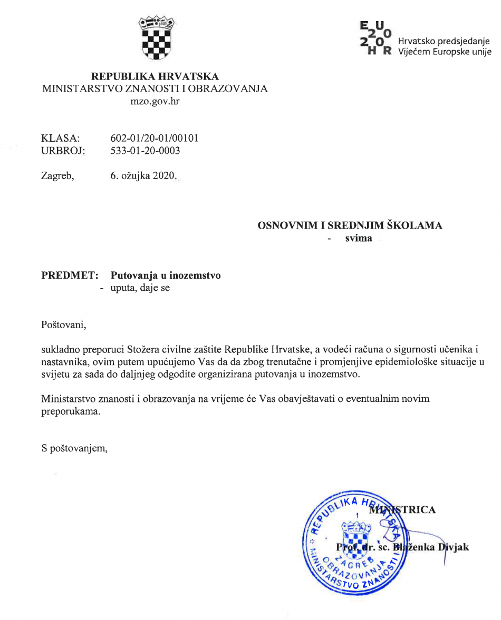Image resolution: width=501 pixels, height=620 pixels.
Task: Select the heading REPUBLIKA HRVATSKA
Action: point(155,76)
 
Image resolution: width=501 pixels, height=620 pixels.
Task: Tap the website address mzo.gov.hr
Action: point(155,101)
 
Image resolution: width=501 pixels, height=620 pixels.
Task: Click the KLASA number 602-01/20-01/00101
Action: point(154,138)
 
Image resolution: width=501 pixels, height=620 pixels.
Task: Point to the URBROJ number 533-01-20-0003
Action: point(145,151)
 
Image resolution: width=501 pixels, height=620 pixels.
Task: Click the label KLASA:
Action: point(60,138)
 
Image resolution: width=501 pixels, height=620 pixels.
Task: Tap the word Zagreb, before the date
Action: point(57,176)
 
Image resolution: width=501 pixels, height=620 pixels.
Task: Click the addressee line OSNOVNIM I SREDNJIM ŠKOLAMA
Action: point(350,225)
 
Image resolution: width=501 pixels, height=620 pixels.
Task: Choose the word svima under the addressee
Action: point(359,238)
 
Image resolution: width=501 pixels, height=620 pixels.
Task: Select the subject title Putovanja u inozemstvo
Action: point(166,275)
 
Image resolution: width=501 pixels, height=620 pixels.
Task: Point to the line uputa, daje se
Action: point(140,288)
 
